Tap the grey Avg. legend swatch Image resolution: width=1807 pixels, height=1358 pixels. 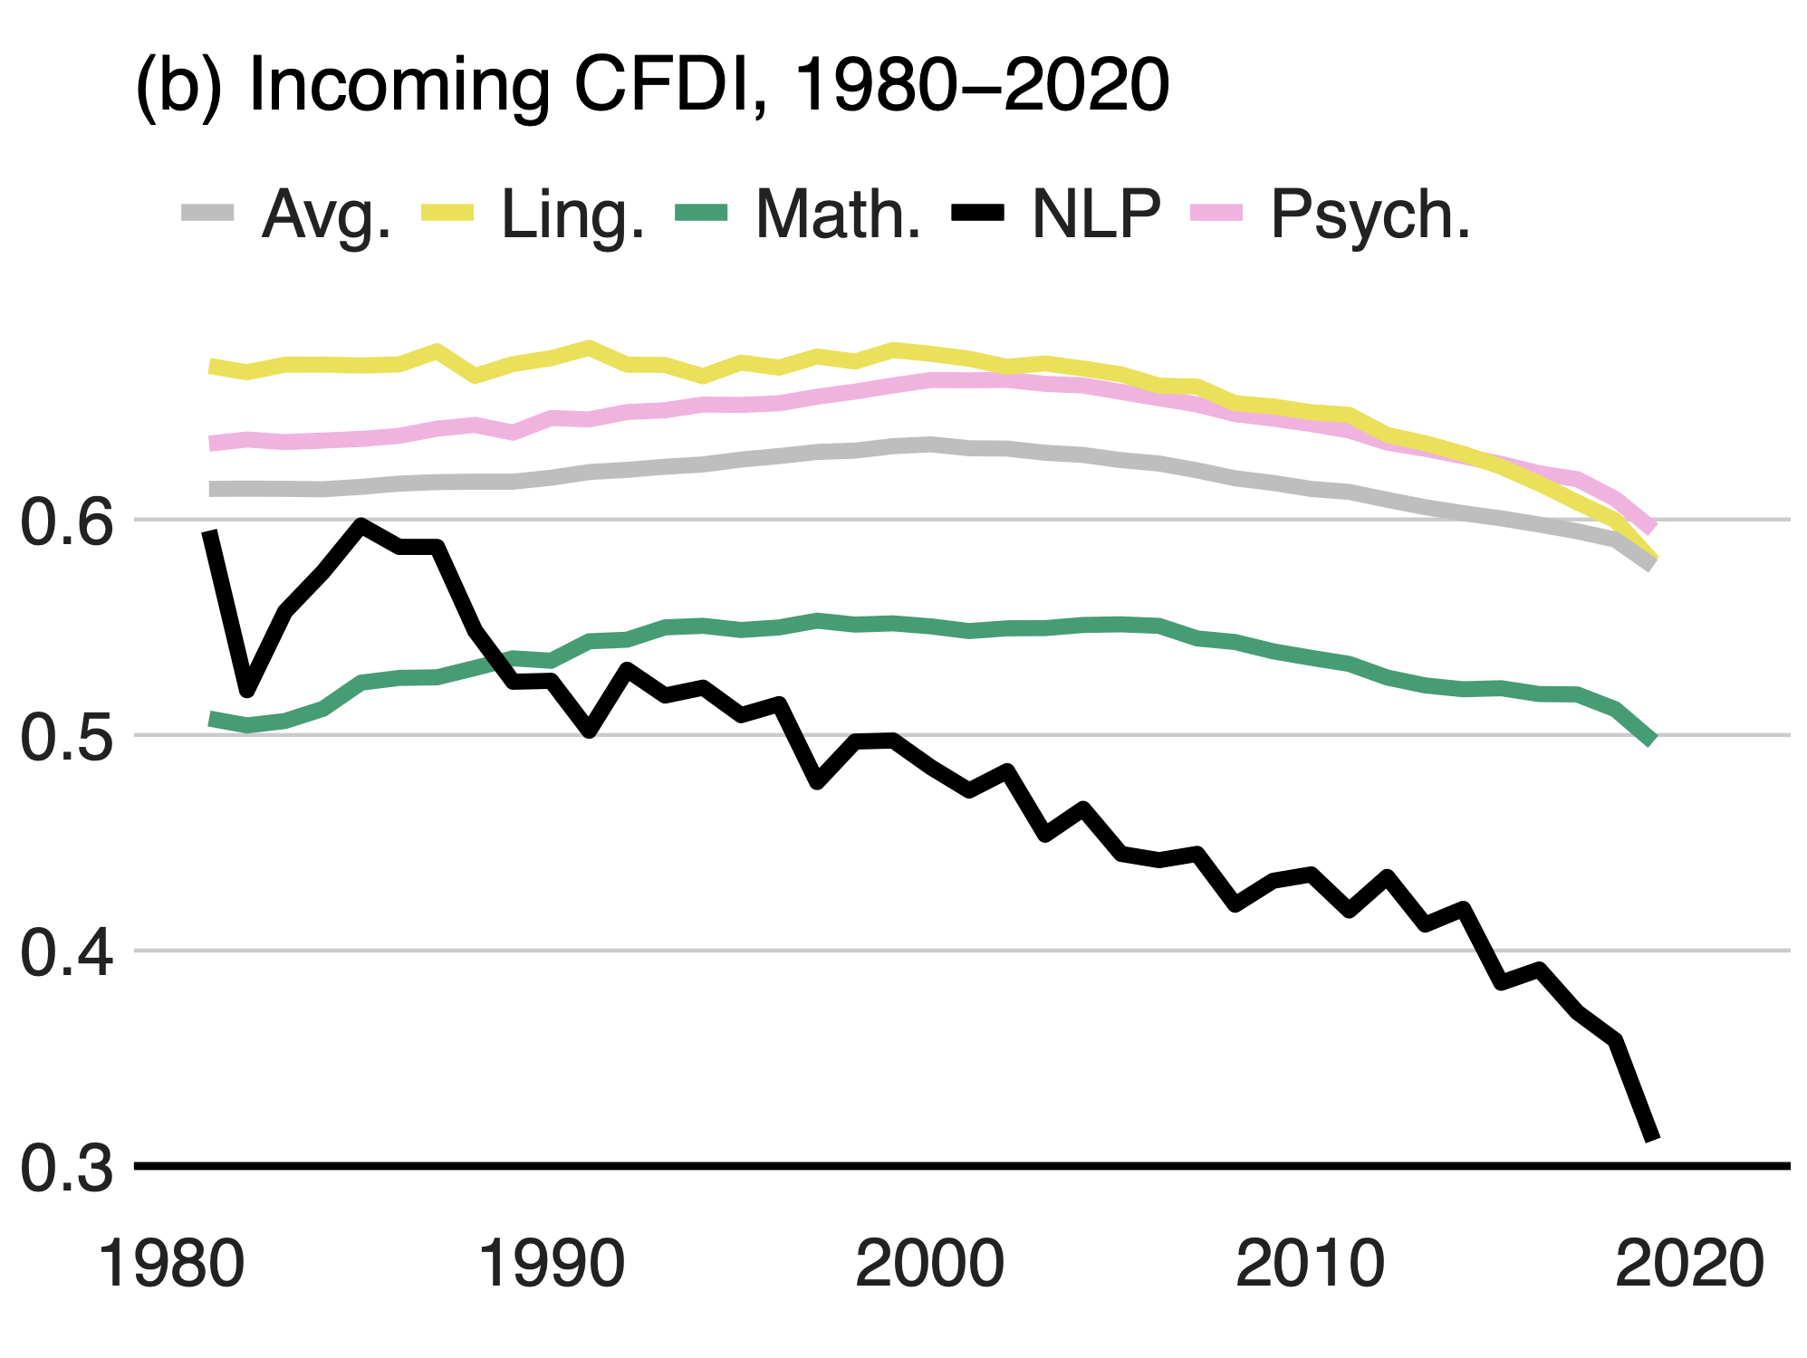click(207, 214)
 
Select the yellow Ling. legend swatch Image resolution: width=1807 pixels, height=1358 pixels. click(447, 214)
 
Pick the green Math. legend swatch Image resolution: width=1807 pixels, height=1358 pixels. click(702, 214)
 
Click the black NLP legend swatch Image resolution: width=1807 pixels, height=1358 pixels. click(977, 214)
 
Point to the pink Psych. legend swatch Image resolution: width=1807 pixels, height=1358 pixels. click(1216, 214)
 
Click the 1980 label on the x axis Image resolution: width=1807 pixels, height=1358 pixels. click(171, 1264)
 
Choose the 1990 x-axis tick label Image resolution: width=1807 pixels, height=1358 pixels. click(551, 1264)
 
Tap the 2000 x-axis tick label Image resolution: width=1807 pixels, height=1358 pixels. click(930, 1264)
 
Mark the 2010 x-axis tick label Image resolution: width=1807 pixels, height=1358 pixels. click(1310, 1264)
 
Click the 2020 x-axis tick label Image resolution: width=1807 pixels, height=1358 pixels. click(1689, 1264)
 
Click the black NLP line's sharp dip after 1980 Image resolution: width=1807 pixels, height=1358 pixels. click(247, 691)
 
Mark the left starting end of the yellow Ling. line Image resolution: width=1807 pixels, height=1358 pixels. click(211, 367)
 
